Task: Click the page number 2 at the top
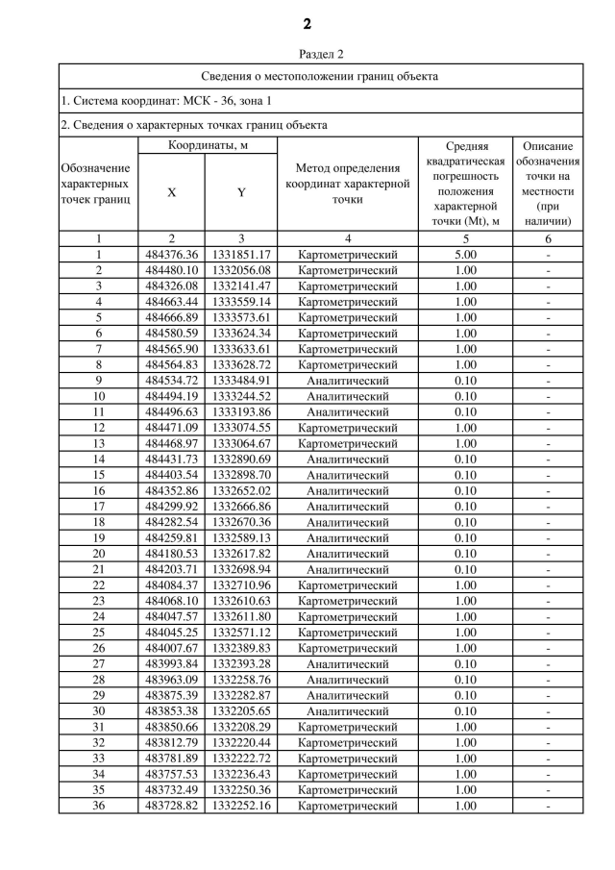tap(307, 24)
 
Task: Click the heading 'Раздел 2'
tap(307, 54)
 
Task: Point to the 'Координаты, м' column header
tap(207, 144)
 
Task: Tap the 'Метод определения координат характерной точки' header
tap(347, 185)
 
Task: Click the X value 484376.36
tap(171, 255)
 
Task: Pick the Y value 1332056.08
tap(241, 271)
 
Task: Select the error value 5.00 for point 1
tap(465, 255)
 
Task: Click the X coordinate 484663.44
tap(171, 302)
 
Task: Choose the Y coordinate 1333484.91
tap(241, 381)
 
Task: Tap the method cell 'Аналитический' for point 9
tap(347, 381)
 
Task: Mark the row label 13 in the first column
tap(98, 444)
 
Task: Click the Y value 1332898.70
tap(241, 475)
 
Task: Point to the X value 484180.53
tap(171, 554)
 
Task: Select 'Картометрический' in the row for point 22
tap(347, 585)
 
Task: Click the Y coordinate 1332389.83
tap(241, 648)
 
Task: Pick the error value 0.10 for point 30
tap(465, 711)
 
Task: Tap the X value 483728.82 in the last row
tap(171, 806)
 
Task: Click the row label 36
tap(98, 806)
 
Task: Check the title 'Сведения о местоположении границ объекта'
tap(321, 75)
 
